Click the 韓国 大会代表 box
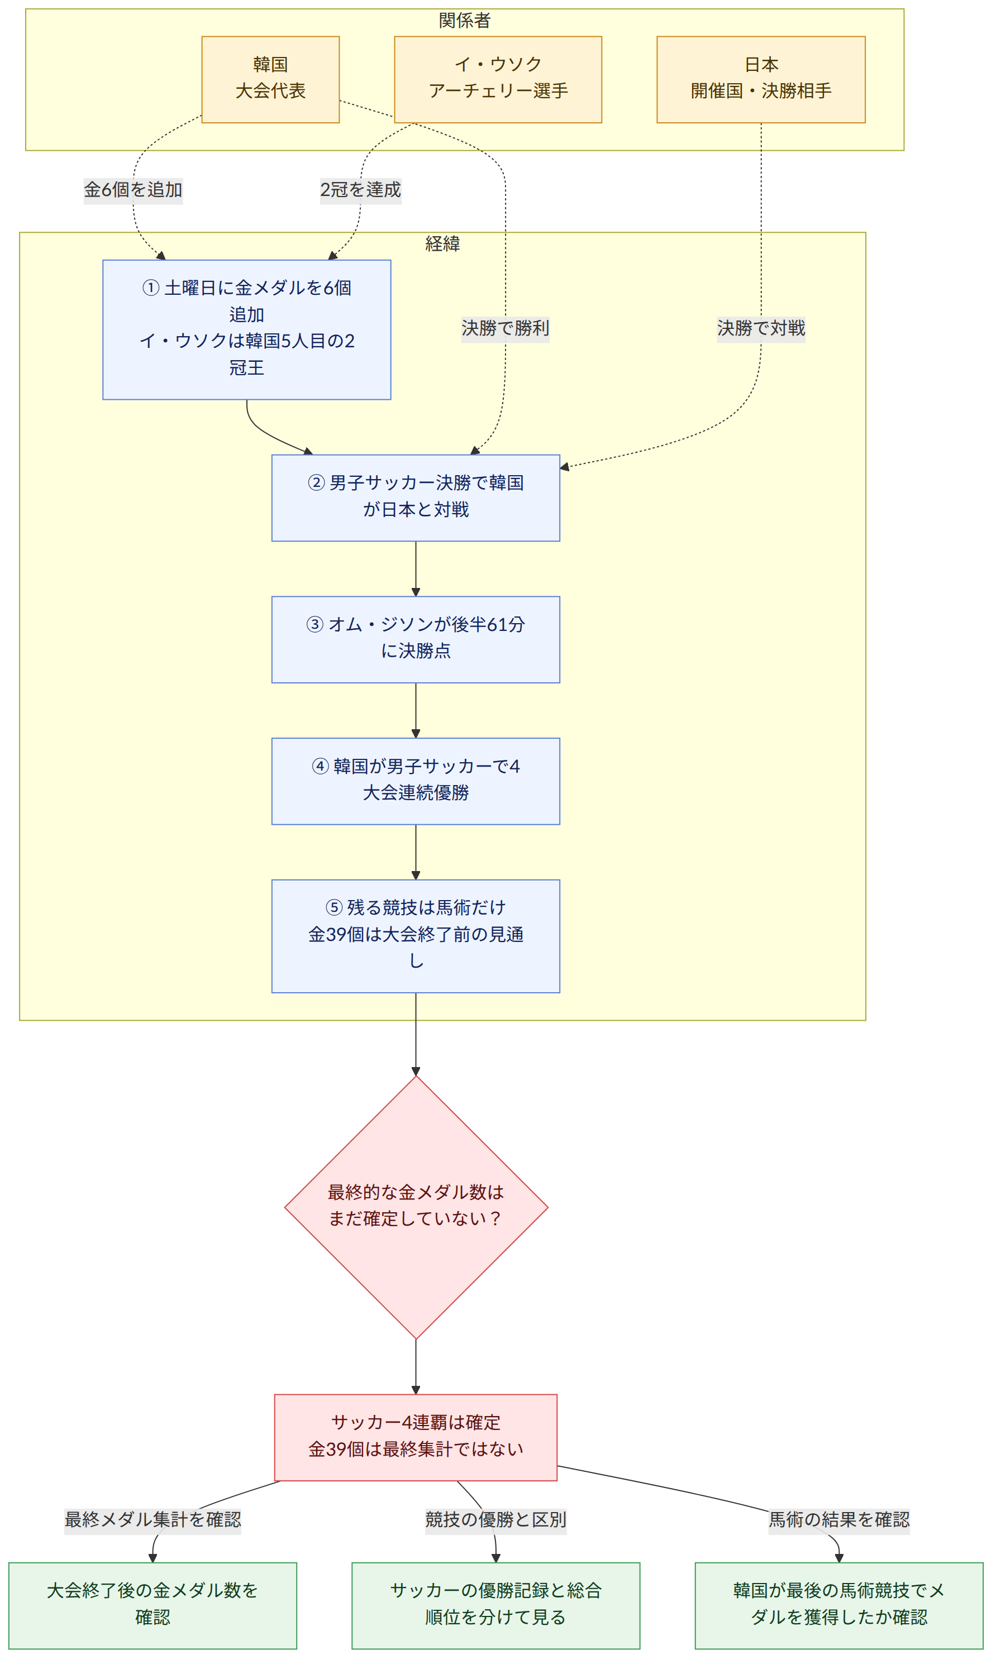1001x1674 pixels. pos(270,79)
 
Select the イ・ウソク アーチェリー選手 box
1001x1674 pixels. pos(498,79)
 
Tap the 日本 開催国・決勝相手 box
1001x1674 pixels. pos(761,79)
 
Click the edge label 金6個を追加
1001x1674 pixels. pos(133,190)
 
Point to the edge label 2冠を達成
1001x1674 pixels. pos(361,190)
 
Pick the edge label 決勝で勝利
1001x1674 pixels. pos(505,328)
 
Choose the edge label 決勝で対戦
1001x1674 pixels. pos(761,328)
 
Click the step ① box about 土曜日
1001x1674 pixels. pos(247,329)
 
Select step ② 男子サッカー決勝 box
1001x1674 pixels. pos(416,498)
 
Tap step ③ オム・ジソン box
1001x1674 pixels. pos(416,639)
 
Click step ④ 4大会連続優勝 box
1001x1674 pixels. pos(416,781)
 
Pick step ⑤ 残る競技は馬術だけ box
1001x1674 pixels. pos(416,936)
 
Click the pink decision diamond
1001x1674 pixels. pos(416,1207)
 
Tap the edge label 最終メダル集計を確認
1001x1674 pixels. pos(152,1520)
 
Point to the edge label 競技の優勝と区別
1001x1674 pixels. pos(496,1520)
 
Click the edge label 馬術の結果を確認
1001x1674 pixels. pos(839,1520)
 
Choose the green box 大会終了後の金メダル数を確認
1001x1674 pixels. pos(152,1606)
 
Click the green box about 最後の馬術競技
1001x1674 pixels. pos(839,1606)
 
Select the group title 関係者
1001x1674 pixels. pos(465,21)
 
